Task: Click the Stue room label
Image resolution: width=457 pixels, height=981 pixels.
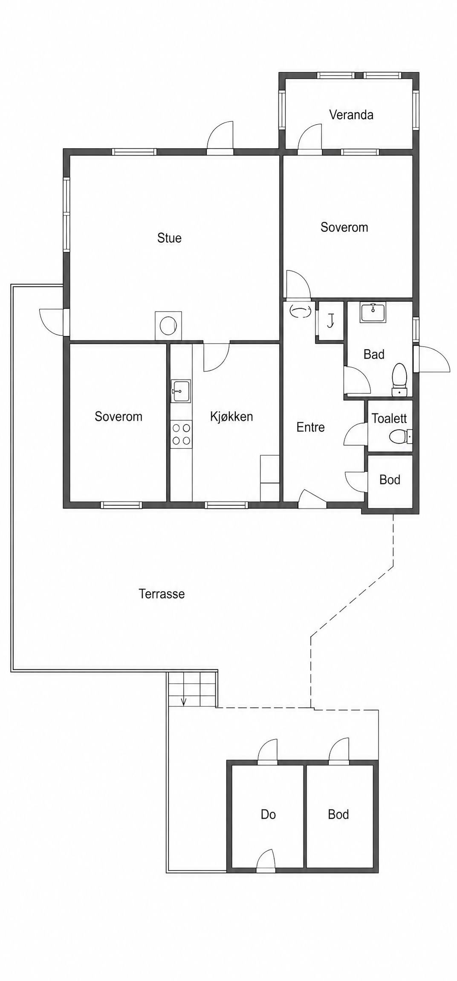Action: [169, 238]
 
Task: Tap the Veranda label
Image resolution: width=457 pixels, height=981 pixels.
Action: [351, 115]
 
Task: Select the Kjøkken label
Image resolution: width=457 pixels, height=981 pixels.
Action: [231, 416]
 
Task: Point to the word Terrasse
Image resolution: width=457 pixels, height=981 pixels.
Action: [162, 594]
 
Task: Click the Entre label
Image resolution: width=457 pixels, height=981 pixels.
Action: [310, 427]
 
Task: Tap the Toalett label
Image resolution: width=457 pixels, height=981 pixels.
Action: [389, 418]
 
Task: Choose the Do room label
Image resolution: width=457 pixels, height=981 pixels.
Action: [268, 814]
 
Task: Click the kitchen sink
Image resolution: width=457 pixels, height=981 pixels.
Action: [181, 391]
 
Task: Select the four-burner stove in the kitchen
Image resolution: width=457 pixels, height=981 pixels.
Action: [181, 434]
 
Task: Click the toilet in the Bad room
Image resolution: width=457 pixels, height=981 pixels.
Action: [399, 379]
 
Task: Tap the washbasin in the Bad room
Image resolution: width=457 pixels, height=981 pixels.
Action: [373, 312]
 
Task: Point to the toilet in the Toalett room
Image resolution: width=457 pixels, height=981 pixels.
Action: [400, 436]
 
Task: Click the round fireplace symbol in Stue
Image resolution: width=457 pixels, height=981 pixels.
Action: [168, 326]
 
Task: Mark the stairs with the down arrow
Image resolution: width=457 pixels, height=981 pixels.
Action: [192, 688]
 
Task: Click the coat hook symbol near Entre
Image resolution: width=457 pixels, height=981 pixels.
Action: [330, 320]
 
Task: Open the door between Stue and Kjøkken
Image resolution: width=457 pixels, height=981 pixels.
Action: [217, 357]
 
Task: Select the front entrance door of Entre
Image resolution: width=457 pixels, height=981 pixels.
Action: [312, 499]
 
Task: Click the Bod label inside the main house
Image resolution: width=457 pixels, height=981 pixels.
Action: [390, 479]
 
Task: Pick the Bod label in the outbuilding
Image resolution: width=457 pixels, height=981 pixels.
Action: [338, 814]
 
